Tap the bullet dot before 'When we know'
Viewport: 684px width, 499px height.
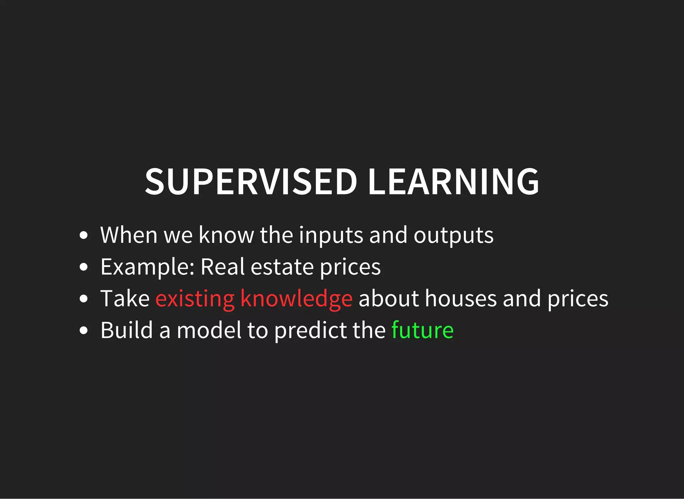[x=84, y=235]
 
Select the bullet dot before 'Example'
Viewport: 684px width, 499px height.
[x=84, y=267]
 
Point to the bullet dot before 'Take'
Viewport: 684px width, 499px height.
[x=84, y=299]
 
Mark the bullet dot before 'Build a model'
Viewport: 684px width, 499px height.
[x=84, y=330]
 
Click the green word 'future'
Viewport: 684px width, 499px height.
[x=422, y=330]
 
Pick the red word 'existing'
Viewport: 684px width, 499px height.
[x=195, y=299]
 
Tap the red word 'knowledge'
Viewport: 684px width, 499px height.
[x=296, y=299]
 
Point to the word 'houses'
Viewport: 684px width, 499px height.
[x=461, y=299]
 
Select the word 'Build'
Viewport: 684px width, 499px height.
[x=127, y=330]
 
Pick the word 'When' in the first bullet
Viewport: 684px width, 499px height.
[x=129, y=235]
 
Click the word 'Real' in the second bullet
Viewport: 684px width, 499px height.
[x=222, y=267]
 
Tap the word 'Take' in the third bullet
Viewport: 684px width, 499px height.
[x=125, y=299]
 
